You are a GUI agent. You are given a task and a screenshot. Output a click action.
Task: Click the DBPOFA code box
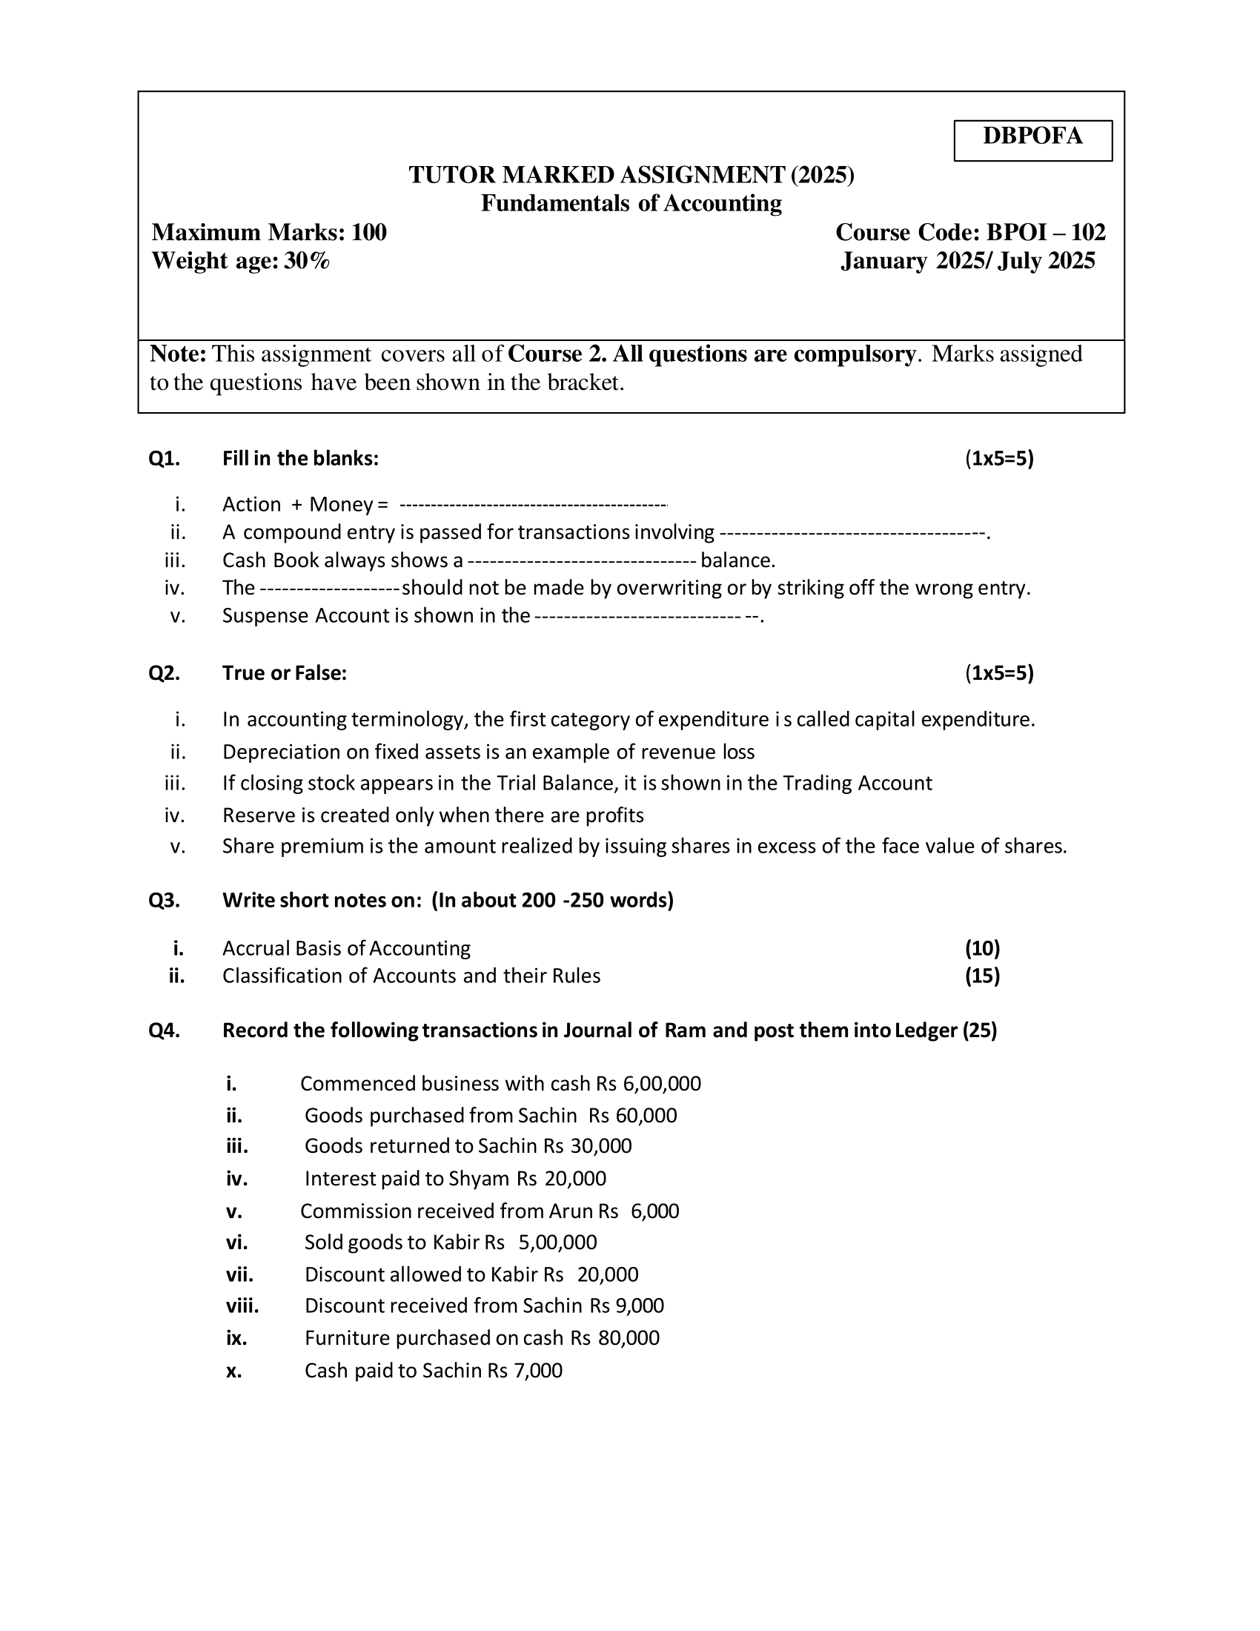pyautogui.click(x=1032, y=139)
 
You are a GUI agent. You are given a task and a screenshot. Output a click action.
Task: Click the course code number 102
pyautogui.click(x=1087, y=233)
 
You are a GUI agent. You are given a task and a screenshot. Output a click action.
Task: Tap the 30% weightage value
pyautogui.click(x=307, y=262)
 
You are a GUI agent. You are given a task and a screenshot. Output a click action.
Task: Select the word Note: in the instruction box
pyautogui.click(x=178, y=354)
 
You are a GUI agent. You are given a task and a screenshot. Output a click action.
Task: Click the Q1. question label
pyautogui.click(x=165, y=458)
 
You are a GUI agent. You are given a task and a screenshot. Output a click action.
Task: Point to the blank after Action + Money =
pyautogui.click(x=533, y=506)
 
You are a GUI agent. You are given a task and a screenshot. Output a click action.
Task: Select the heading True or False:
pyautogui.click(x=285, y=674)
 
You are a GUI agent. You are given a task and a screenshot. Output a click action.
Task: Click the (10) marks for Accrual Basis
pyautogui.click(x=981, y=948)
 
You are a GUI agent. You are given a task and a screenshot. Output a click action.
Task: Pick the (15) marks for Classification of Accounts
pyautogui.click(x=981, y=976)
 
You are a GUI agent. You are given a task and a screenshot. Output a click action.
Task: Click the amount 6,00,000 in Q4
pyautogui.click(x=661, y=1084)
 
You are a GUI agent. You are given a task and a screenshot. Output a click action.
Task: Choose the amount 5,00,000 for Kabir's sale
pyautogui.click(x=557, y=1242)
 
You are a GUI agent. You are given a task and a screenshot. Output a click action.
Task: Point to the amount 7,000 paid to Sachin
pyautogui.click(x=538, y=1370)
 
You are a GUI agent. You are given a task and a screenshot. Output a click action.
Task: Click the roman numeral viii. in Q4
pyautogui.click(x=242, y=1306)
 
